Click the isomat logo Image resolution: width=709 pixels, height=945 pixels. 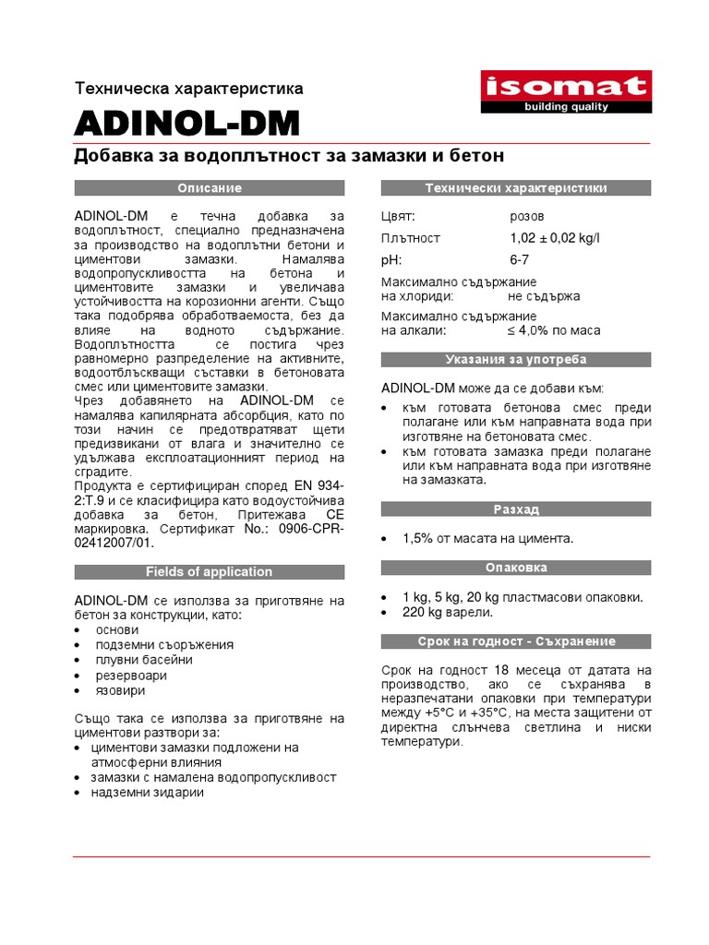566,93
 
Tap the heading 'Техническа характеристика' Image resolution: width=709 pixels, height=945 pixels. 188,89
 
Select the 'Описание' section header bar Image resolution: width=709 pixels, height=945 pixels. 210,188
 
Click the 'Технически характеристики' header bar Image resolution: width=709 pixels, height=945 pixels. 516,188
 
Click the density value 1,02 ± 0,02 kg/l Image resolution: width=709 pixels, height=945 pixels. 554,238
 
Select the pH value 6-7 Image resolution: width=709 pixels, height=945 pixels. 520,260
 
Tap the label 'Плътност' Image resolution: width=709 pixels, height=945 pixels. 411,238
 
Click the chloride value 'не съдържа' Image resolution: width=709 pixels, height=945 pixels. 543,296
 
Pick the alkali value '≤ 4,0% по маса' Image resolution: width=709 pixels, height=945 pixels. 553,329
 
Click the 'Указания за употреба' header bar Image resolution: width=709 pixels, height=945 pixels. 516,359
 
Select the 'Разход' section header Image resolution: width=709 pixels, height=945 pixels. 516,509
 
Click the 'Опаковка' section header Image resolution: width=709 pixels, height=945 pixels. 516,568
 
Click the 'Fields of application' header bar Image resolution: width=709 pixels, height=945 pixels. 210,571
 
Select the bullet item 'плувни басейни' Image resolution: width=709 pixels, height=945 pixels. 144,660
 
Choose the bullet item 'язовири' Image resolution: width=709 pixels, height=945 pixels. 120,689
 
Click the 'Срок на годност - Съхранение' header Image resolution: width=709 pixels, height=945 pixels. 516,641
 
